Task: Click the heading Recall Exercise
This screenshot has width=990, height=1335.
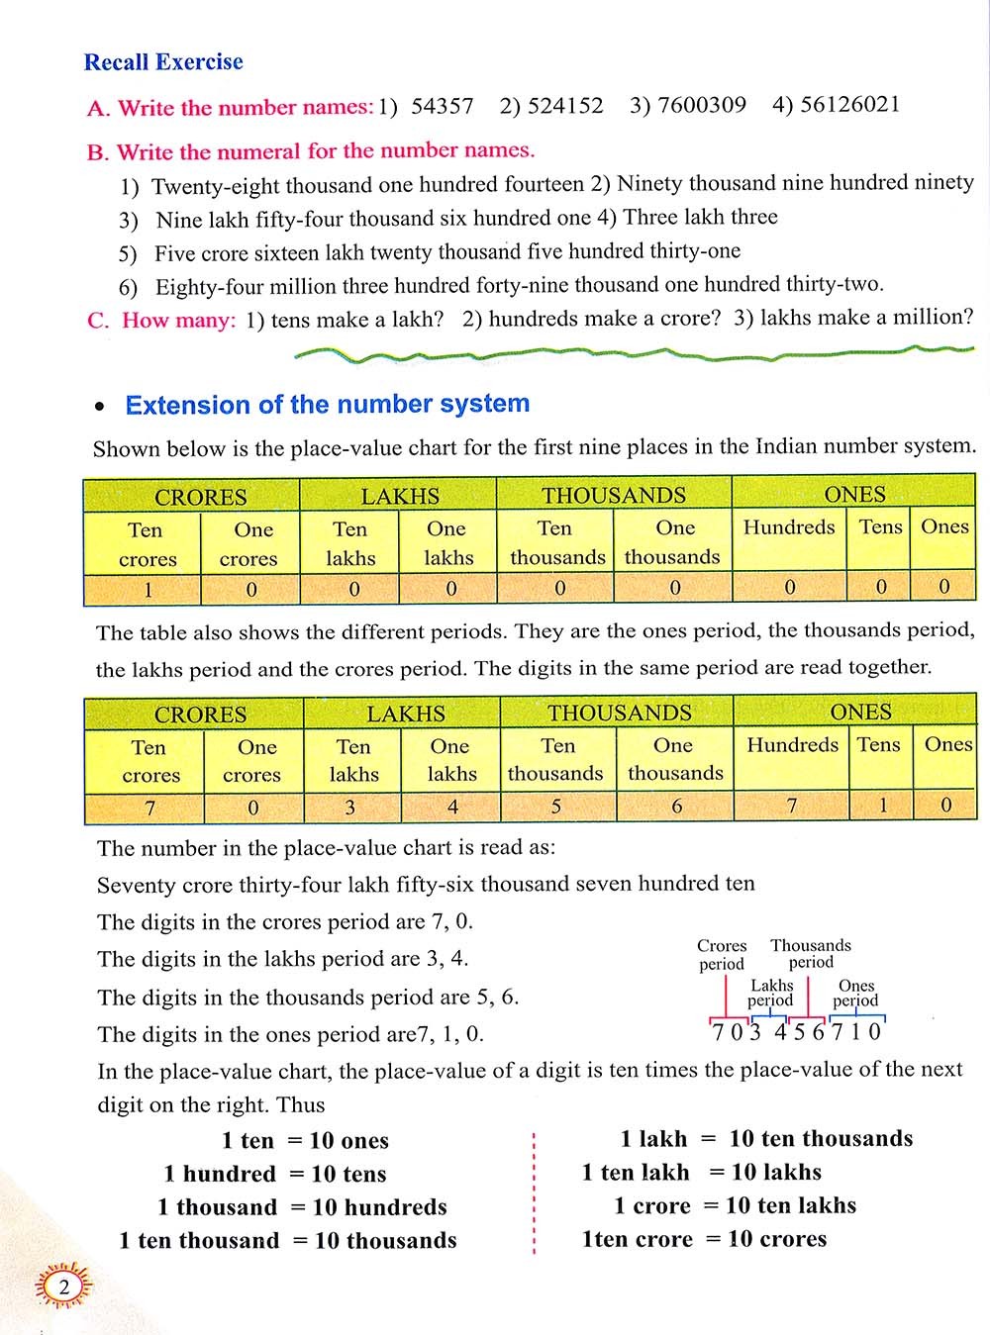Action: click(163, 62)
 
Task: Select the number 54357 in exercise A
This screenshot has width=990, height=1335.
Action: click(442, 106)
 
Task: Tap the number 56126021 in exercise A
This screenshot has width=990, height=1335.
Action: click(850, 105)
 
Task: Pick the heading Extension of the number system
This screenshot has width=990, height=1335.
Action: click(327, 404)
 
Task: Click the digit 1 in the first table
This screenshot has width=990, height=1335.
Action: click(148, 590)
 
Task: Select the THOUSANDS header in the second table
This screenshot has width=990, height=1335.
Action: click(620, 713)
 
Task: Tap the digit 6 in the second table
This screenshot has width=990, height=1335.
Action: click(676, 807)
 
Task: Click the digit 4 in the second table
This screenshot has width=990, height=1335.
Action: click(452, 807)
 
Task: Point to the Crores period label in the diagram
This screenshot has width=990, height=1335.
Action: click(722, 955)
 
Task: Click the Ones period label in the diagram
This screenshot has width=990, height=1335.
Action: click(856, 993)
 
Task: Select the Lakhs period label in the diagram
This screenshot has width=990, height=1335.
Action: click(771, 993)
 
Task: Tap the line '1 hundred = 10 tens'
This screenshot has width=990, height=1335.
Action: click(275, 1175)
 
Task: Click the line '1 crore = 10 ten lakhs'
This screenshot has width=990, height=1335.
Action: click(735, 1205)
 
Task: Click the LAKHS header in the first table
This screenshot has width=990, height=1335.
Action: click(400, 496)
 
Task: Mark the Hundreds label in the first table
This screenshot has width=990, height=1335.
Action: click(789, 527)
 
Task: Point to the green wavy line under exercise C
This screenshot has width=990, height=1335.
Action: click(634, 351)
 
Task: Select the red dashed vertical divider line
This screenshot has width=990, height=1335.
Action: click(534, 1192)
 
